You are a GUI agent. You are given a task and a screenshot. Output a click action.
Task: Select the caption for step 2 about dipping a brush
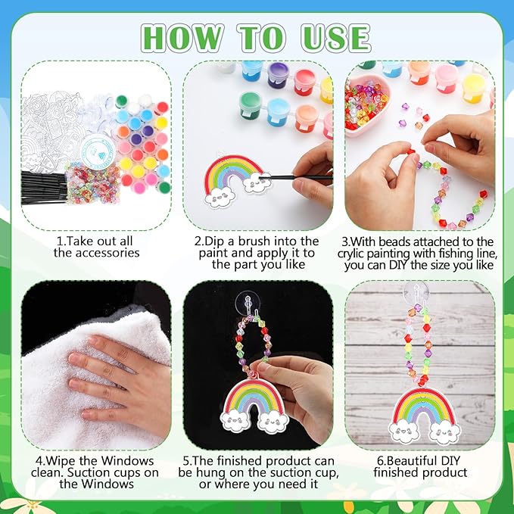click(257, 253)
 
